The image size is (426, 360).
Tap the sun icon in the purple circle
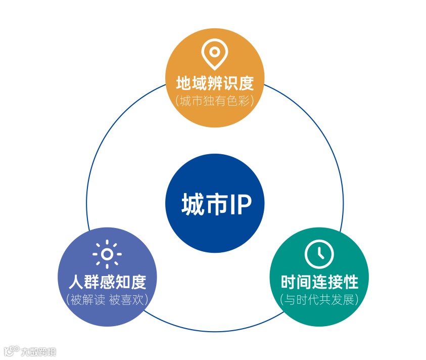[x=107, y=254]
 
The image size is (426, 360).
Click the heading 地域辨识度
[x=215, y=82]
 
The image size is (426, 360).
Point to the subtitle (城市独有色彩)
[x=215, y=100]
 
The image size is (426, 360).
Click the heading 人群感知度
[x=107, y=281]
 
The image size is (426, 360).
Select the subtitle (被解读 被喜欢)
[x=107, y=299]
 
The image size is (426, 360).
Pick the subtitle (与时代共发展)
[x=319, y=299]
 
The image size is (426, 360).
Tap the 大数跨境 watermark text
[x=39, y=351]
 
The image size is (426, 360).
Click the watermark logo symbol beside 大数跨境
[x=11, y=351]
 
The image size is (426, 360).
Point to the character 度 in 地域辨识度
[x=245, y=82]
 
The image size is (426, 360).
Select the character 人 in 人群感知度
[x=76, y=281]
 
